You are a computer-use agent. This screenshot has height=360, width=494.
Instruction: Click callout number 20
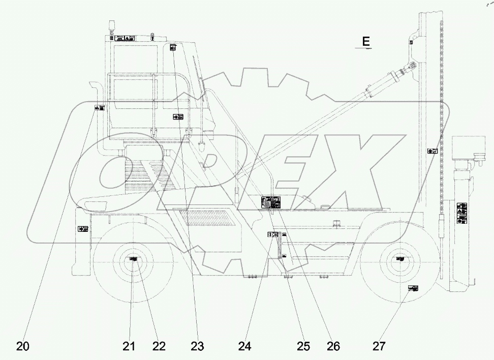click(x=22, y=346)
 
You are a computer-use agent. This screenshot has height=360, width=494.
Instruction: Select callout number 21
click(x=129, y=346)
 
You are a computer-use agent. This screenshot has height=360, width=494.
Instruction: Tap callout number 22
click(x=159, y=346)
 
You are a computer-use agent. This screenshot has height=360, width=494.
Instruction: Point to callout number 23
click(x=197, y=346)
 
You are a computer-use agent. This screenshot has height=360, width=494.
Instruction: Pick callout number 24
click(x=245, y=346)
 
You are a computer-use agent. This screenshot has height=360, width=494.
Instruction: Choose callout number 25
click(x=303, y=346)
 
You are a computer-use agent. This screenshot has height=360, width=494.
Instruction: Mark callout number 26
click(x=333, y=346)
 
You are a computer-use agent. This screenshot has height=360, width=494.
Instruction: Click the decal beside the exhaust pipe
click(x=100, y=107)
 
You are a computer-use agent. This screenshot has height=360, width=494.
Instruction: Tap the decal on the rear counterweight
click(x=83, y=229)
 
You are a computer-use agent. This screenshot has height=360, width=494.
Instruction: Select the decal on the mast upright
click(x=431, y=151)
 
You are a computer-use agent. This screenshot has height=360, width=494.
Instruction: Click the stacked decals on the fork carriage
click(x=461, y=213)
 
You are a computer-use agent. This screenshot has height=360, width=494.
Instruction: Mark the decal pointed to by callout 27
click(x=413, y=288)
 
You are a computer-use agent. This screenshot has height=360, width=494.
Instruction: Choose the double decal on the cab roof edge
click(x=125, y=38)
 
